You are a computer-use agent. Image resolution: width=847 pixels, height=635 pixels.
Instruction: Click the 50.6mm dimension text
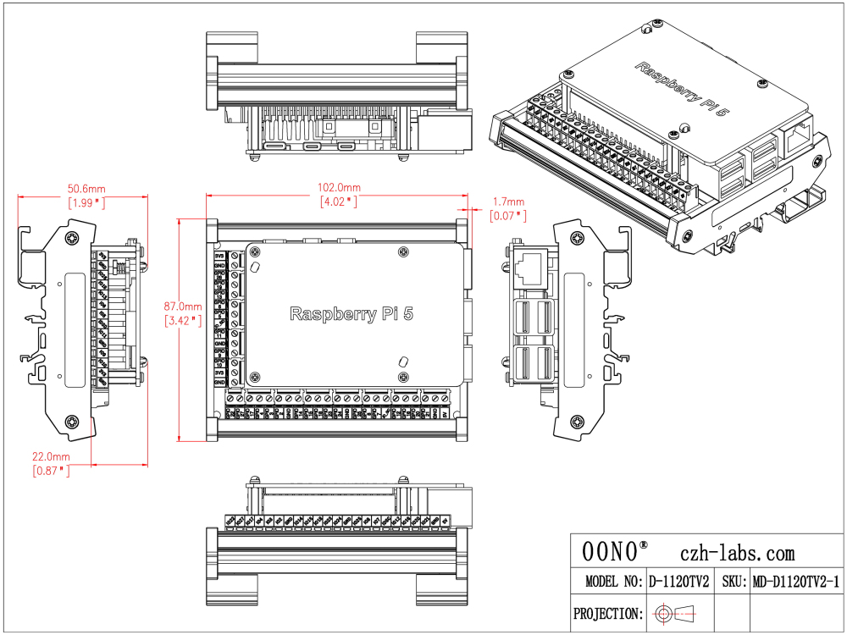coord(86,188)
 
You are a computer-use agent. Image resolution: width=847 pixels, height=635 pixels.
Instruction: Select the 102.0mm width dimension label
coord(339,187)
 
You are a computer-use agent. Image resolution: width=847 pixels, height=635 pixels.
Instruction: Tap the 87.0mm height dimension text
coord(184,306)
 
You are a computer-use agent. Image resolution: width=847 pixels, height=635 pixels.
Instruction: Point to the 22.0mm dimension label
coord(52,456)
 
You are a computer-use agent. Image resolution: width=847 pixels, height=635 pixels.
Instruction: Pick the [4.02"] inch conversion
coord(339,202)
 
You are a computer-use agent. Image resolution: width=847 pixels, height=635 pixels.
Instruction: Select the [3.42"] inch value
coord(184,320)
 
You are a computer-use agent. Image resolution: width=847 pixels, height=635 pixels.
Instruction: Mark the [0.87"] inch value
coord(52,471)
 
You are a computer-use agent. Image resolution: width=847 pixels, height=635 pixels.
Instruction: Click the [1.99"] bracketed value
coord(86,202)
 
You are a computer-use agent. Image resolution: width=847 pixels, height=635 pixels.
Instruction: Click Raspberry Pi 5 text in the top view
coord(352,314)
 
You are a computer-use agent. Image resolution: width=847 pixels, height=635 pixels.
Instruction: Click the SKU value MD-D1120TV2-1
coord(795,583)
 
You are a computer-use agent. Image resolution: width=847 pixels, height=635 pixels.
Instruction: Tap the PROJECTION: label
coord(606,613)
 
